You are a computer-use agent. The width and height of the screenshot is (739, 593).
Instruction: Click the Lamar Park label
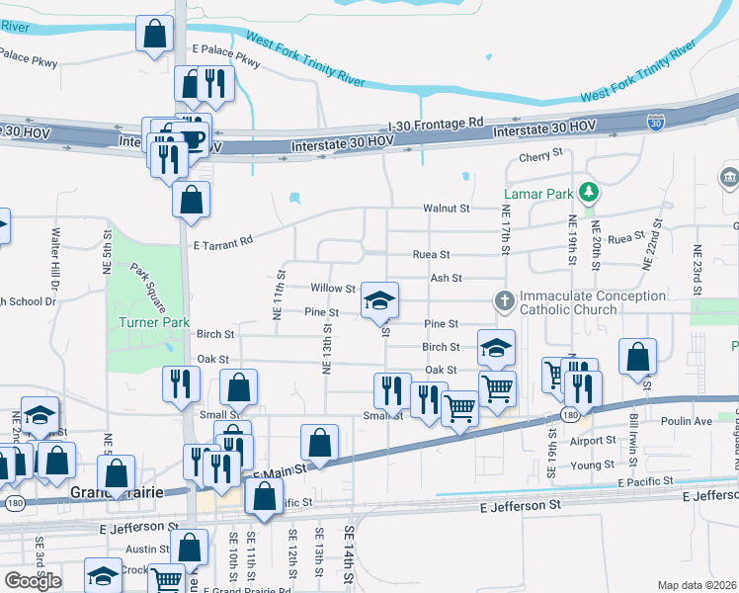click(538, 193)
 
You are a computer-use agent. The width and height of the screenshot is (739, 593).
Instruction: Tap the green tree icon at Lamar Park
click(589, 191)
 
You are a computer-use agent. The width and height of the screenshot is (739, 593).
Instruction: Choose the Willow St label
click(332, 289)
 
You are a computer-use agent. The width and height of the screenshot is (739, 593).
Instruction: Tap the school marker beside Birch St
click(496, 347)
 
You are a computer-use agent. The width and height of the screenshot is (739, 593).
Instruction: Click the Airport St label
click(592, 441)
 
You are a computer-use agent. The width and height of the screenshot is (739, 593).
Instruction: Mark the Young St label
click(592, 465)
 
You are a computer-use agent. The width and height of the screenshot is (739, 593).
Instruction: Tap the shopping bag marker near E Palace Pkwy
click(155, 36)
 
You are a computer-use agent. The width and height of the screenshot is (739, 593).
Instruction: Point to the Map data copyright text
click(697, 585)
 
